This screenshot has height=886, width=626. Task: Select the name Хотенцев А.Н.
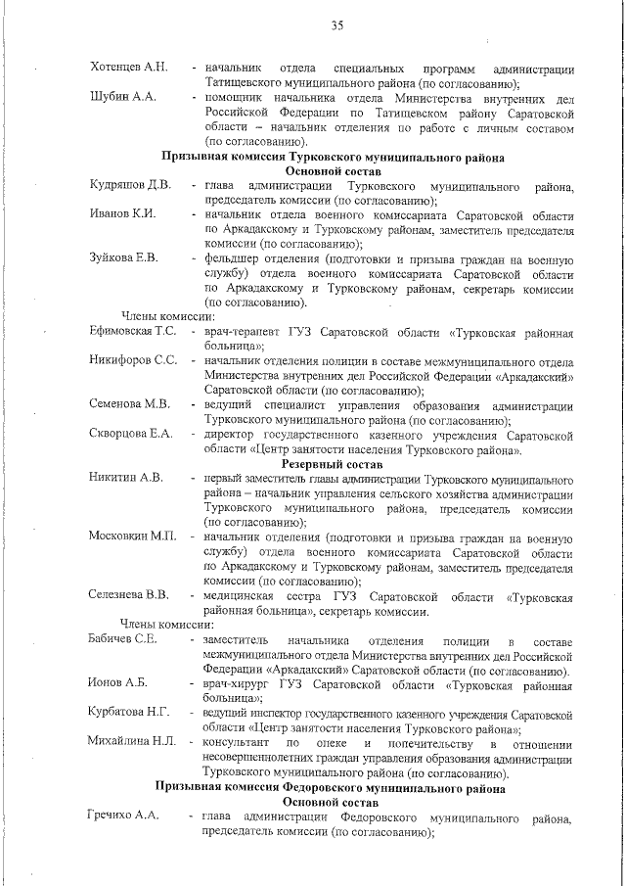128,68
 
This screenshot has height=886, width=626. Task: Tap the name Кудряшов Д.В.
130,185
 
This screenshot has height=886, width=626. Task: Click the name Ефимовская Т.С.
133,332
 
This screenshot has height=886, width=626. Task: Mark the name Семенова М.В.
129,404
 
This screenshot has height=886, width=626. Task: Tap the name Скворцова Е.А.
130,434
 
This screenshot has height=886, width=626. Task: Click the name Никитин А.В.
124,479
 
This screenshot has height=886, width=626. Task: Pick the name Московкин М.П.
132,536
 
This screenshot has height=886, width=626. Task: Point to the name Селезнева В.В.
129,594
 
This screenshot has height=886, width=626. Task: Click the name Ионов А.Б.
117,683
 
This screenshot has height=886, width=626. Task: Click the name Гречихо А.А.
123,816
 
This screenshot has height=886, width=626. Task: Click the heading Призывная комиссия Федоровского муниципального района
332,787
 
